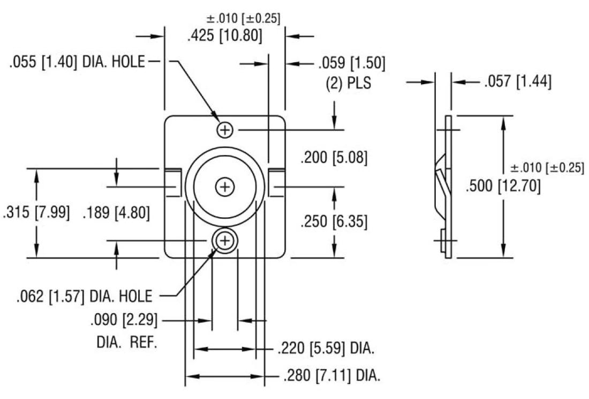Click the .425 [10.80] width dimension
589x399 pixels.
pos(224,36)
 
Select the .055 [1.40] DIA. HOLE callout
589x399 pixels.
pos(77,62)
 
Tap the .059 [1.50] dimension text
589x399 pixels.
pos(351,63)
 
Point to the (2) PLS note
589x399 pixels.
pos(349,84)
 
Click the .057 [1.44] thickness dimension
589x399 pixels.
pos(517,82)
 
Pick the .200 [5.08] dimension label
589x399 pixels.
pos(334,158)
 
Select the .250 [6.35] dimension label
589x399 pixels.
pos(334,221)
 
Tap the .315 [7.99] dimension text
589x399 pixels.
pos(36,212)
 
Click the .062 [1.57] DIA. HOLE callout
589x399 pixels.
pos(85,295)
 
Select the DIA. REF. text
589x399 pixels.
pos(127,343)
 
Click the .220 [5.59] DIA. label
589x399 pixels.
pos(326,349)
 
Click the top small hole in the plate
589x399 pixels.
pos(225,129)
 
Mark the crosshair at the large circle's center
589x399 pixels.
pos(225,187)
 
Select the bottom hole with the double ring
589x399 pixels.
pos(225,241)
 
